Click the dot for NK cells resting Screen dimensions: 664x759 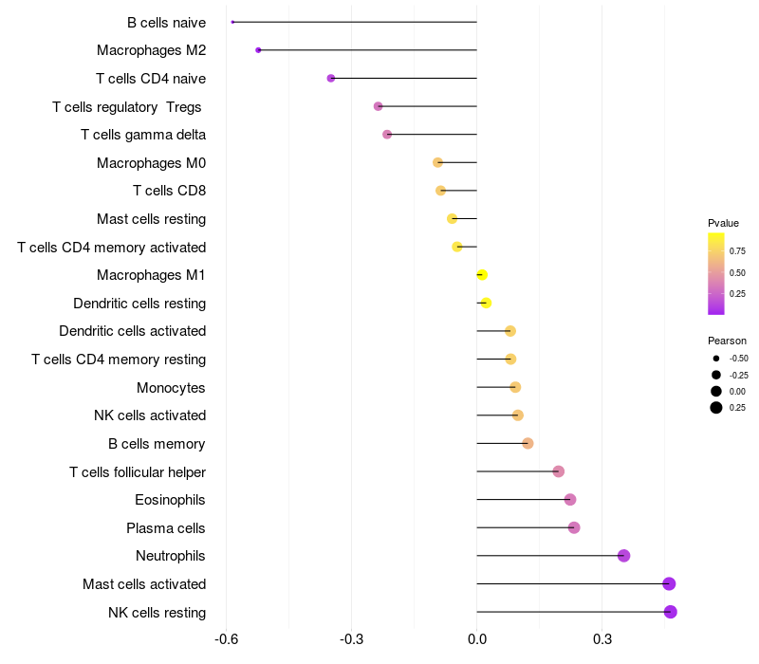671,612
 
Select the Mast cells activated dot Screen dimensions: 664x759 669,584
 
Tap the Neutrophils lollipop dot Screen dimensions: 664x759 623,556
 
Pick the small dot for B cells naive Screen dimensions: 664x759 232,22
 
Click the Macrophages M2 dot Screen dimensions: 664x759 258,50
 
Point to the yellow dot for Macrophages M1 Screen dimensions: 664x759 482,275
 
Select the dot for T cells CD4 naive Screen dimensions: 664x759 330,78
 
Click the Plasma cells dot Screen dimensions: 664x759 574,527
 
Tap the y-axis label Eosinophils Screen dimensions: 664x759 171,500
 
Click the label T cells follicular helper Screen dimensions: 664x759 138,471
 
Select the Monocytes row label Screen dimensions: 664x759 171,387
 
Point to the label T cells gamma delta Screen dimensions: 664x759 143,135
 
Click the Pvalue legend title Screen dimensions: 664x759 723,223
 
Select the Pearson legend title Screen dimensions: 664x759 727,341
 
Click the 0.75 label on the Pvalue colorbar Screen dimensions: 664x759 737,251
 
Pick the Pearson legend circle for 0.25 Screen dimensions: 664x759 715,408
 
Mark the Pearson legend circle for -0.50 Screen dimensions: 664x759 715,359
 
